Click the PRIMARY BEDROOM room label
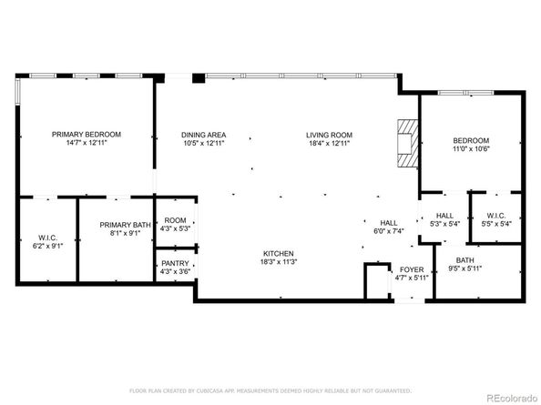point(87,134)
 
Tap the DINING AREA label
point(204,135)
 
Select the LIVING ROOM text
point(329,135)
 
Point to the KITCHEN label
point(279,253)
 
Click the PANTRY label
point(175,263)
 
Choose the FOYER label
point(412,269)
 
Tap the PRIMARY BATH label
point(126,225)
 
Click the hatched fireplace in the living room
point(408,144)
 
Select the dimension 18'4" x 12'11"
point(330,144)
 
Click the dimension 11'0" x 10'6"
point(471,149)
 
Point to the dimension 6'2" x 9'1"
point(48,246)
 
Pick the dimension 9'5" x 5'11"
point(464,268)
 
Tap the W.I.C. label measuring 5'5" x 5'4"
point(496,216)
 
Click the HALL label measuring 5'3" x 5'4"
point(444,216)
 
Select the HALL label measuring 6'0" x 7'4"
point(389,223)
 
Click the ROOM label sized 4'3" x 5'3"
point(175,220)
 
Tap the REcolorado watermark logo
point(512,398)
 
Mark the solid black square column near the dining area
point(199,78)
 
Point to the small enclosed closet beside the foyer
point(377,281)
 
